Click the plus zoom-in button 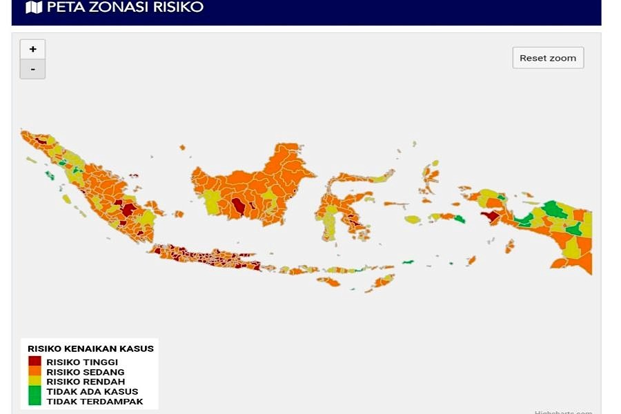32,49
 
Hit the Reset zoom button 548,58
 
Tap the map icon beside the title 33,8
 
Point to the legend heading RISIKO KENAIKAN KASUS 90,348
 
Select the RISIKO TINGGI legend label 82,362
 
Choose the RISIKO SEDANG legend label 85,372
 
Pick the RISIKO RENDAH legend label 86,382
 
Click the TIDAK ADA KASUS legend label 92,391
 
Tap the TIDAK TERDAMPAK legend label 95,401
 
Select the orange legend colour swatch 35,371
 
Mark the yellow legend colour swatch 35,381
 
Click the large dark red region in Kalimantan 239,206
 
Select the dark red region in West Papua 491,216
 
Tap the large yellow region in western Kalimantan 213,201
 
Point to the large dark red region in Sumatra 128,209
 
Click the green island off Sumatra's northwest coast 49,175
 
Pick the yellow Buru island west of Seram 413,219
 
